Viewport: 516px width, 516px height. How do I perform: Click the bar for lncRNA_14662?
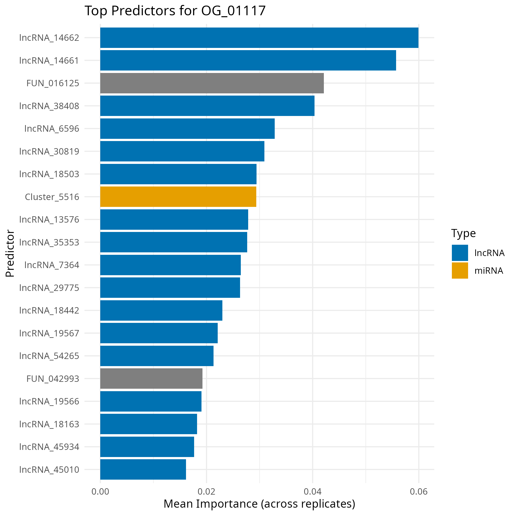[259, 38]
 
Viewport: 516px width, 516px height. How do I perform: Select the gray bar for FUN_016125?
[212, 83]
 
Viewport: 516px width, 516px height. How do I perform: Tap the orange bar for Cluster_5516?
[178, 197]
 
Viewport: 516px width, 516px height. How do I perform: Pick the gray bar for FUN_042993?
[151, 378]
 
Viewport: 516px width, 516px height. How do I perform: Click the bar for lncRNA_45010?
[143, 469]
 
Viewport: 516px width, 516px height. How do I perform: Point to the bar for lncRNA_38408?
[207, 106]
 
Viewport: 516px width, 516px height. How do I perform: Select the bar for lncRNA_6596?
[187, 129]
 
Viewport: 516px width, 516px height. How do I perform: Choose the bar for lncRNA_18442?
[161, 310]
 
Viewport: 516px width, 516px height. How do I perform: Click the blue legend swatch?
[460, 253]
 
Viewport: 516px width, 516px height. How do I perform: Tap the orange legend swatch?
[460, 270]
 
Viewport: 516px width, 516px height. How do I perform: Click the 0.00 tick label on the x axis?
[100, 492]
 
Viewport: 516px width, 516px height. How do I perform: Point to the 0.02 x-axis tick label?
[206, 492]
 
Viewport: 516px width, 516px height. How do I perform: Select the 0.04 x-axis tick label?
[313, 492]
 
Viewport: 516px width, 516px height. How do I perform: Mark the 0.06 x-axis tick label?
[418, 492]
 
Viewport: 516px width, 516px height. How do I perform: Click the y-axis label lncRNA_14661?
[49, 61]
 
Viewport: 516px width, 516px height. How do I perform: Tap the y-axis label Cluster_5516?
[52, 197]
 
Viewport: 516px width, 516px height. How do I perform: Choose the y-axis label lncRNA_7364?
[52, 265]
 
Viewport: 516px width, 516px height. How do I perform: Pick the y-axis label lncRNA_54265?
[49, 356]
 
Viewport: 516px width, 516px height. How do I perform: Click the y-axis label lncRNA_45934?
[49, 446]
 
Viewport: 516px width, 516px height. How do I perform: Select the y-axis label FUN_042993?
[53, 379]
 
